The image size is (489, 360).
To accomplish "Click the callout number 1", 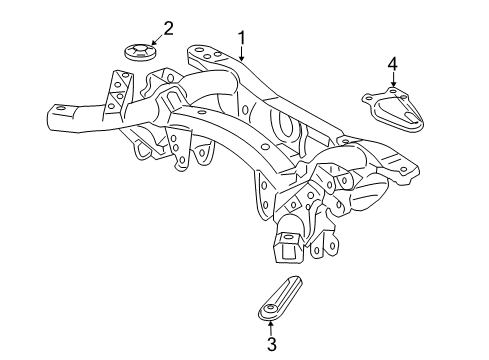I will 241,37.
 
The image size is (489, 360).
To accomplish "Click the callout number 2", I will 168,28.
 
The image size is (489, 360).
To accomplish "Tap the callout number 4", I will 393,65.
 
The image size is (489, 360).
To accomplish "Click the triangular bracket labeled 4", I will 396,108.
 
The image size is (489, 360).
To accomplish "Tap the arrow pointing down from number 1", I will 241,54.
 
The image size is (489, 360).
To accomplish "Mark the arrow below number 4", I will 393,82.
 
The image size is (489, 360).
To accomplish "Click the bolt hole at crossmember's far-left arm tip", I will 59,108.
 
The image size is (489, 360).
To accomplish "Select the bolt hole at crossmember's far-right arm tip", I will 403,171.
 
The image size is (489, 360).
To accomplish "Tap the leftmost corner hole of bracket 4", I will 367,98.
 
